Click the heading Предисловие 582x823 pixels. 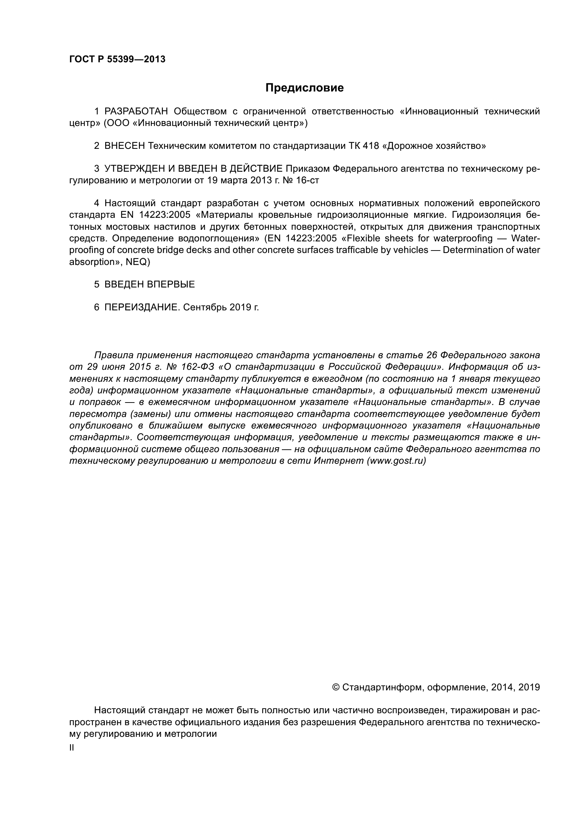(x=304, y=88)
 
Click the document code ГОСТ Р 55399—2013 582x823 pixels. (x=117, y=59)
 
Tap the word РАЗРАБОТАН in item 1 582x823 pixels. (x=136, y=112)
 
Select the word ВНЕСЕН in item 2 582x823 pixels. (x=125, y=146)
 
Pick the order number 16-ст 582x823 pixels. (x=308, y=180)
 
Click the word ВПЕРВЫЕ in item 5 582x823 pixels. (x=171, y=284)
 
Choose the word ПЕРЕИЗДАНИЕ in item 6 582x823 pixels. (x=141, y=307)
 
